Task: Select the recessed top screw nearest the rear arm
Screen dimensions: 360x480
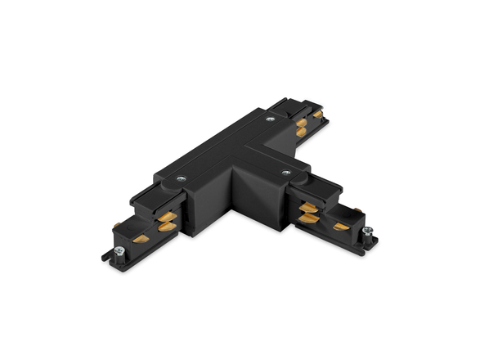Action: click(269, 120)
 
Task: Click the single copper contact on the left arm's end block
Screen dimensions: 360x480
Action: click(141, 239)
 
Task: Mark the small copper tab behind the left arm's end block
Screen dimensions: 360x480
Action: click(117, 225)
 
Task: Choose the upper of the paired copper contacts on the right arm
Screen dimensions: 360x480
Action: click(309, 208)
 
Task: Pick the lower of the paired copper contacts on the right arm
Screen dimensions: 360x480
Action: click(309, 218)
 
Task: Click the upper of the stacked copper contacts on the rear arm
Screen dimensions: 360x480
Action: click(302, 123)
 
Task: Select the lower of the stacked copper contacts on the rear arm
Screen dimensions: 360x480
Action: click(301, 132)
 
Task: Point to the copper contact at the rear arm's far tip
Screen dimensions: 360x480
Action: click(317, 115)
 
